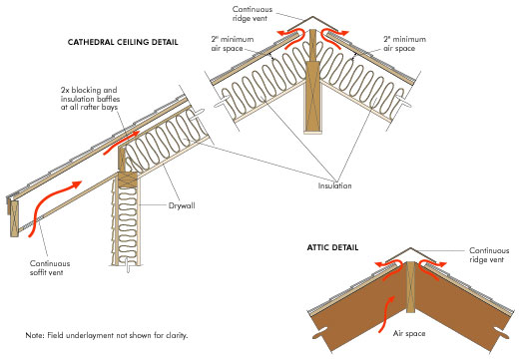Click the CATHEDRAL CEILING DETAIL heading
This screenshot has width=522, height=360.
pyautogui.click(x=123, y=43)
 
